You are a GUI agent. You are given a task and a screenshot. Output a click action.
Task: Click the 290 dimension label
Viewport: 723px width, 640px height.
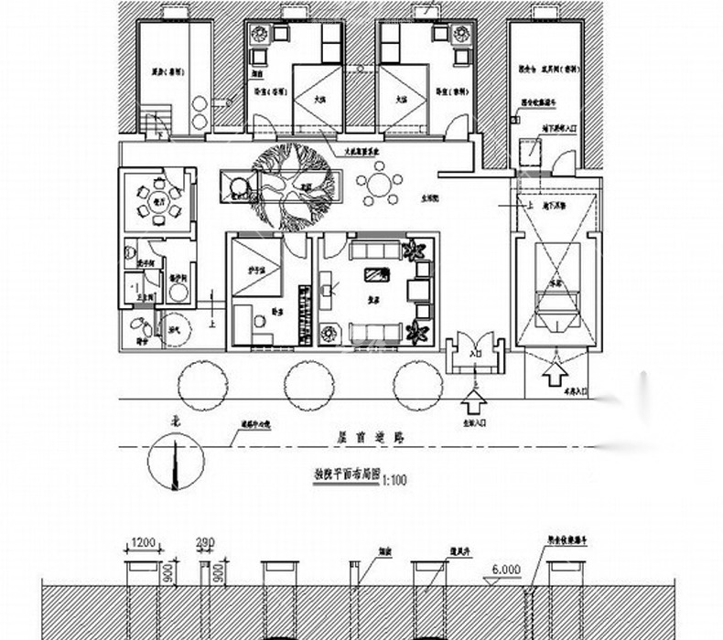pyautogui.click(x=205, y=542)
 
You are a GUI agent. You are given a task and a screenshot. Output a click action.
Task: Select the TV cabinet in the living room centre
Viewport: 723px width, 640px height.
pyautogui.click(x=375, y=272)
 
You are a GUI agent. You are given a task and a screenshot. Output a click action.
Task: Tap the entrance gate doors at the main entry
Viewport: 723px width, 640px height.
pyautogui.click(x=475, y=354)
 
